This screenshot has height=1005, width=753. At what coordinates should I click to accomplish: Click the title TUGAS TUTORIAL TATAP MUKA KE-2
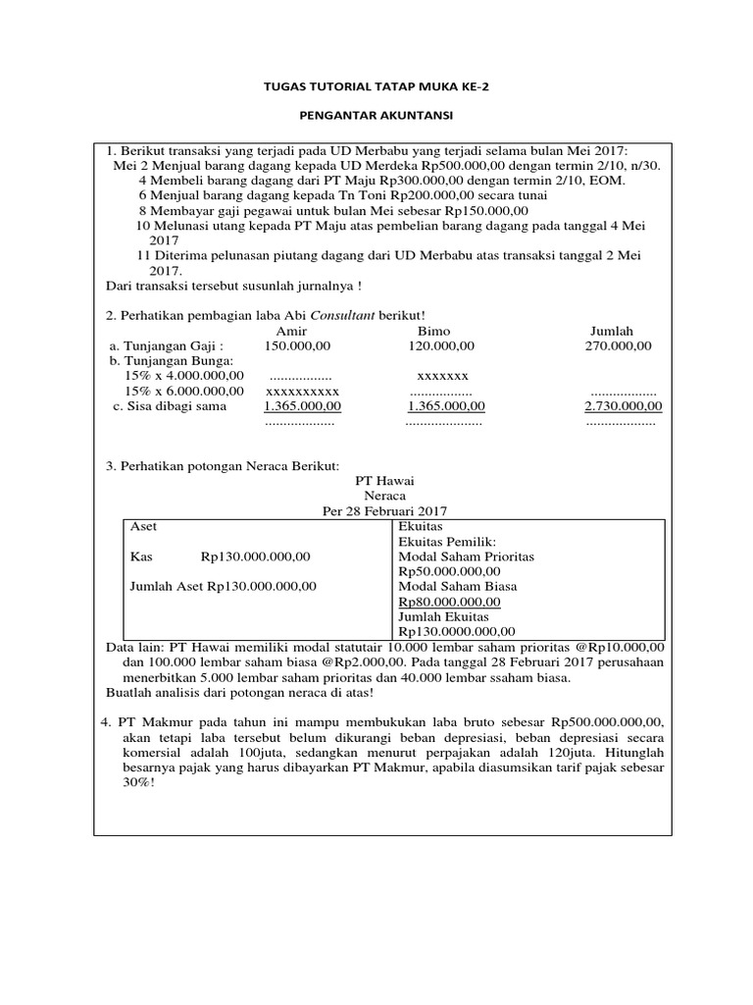[376, 86]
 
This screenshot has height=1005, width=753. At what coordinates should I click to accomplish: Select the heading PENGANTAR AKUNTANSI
[376, 116]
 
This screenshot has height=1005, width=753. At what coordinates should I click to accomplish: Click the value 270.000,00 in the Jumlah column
[619, 345]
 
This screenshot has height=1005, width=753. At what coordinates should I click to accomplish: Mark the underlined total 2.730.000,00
[623, 405]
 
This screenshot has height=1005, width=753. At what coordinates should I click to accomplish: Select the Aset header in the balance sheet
[143, 527]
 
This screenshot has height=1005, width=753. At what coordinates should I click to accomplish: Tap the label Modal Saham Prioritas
[466, 556]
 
